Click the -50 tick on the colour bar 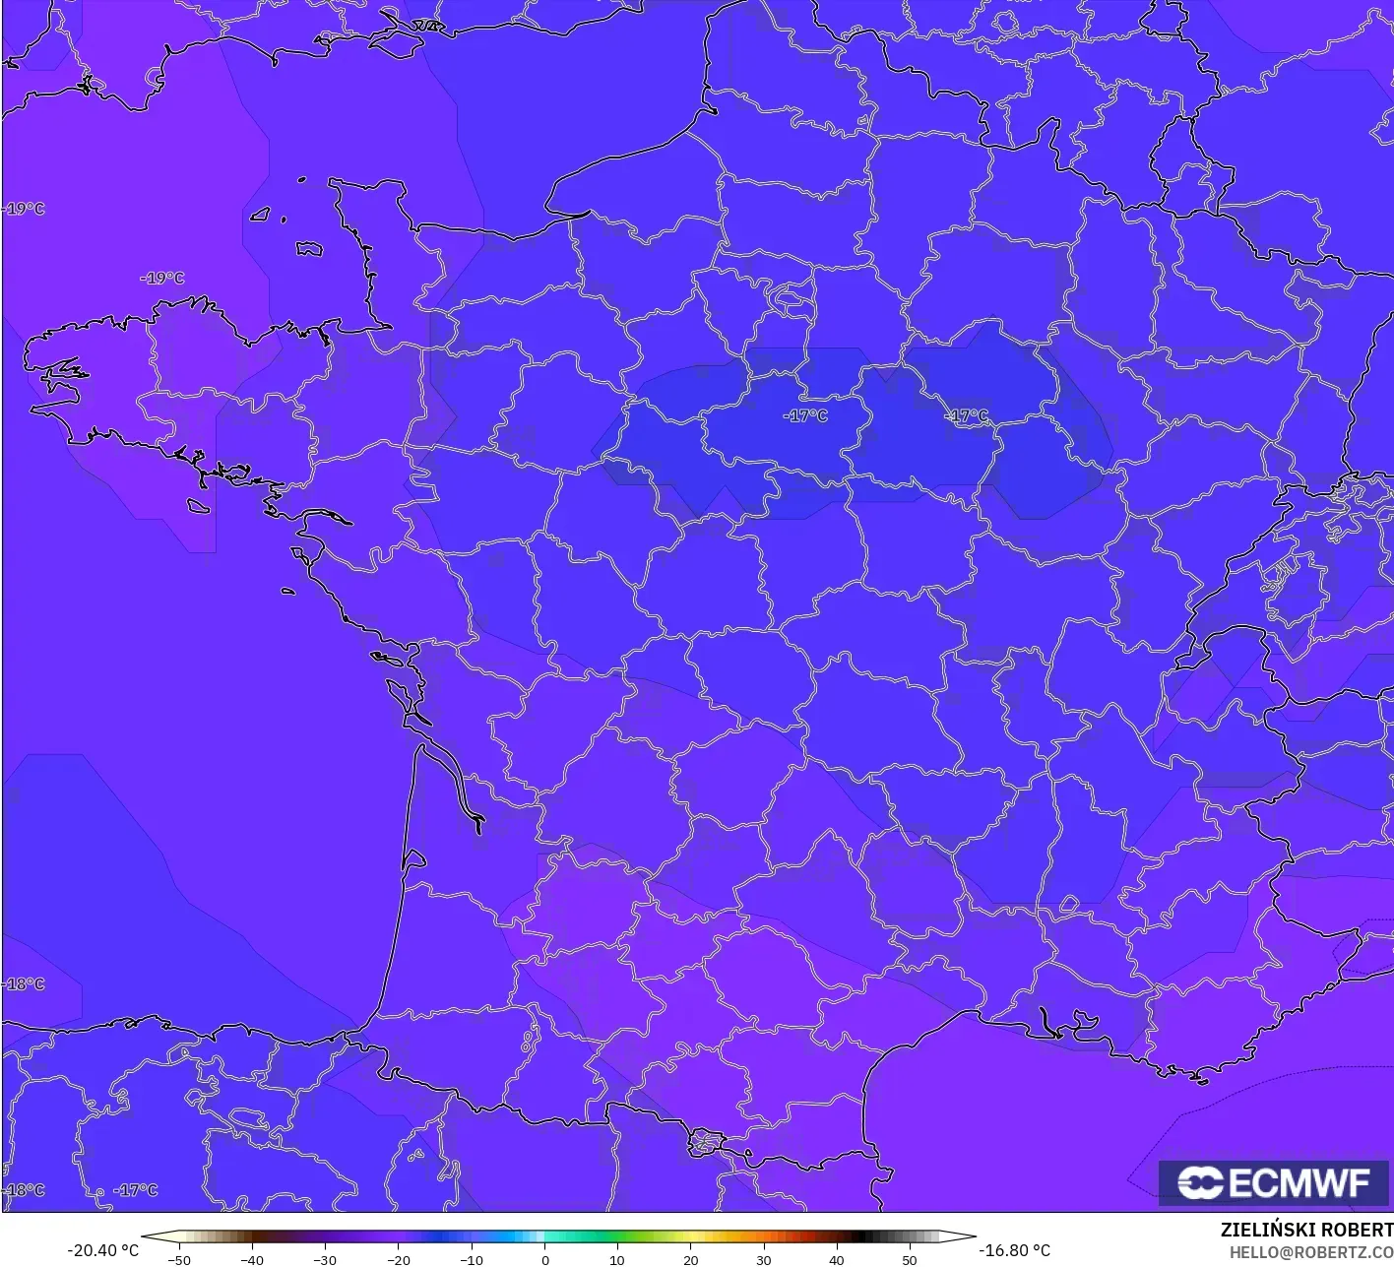coord(179,1259)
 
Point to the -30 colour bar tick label coord(325,1259)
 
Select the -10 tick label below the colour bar coord(471,1259)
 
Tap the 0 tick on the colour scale coord(544,1259)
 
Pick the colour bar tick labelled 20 coord(690,1259)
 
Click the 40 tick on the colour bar coord(836,1259)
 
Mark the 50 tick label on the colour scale coord(909,1259)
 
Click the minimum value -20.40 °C coord(102,1250)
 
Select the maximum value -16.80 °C coord(1014,1250)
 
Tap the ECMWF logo coord(1273,1182)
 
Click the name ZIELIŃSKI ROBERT coord(1306,1230)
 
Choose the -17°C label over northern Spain coord(135,1190)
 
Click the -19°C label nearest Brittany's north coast coord(162,278)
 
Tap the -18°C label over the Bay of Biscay coord(24,983)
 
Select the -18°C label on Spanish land coord(24,1190)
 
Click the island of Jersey coord(309,248)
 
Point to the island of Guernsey coord(260,214)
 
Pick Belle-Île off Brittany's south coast coord(198,506)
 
